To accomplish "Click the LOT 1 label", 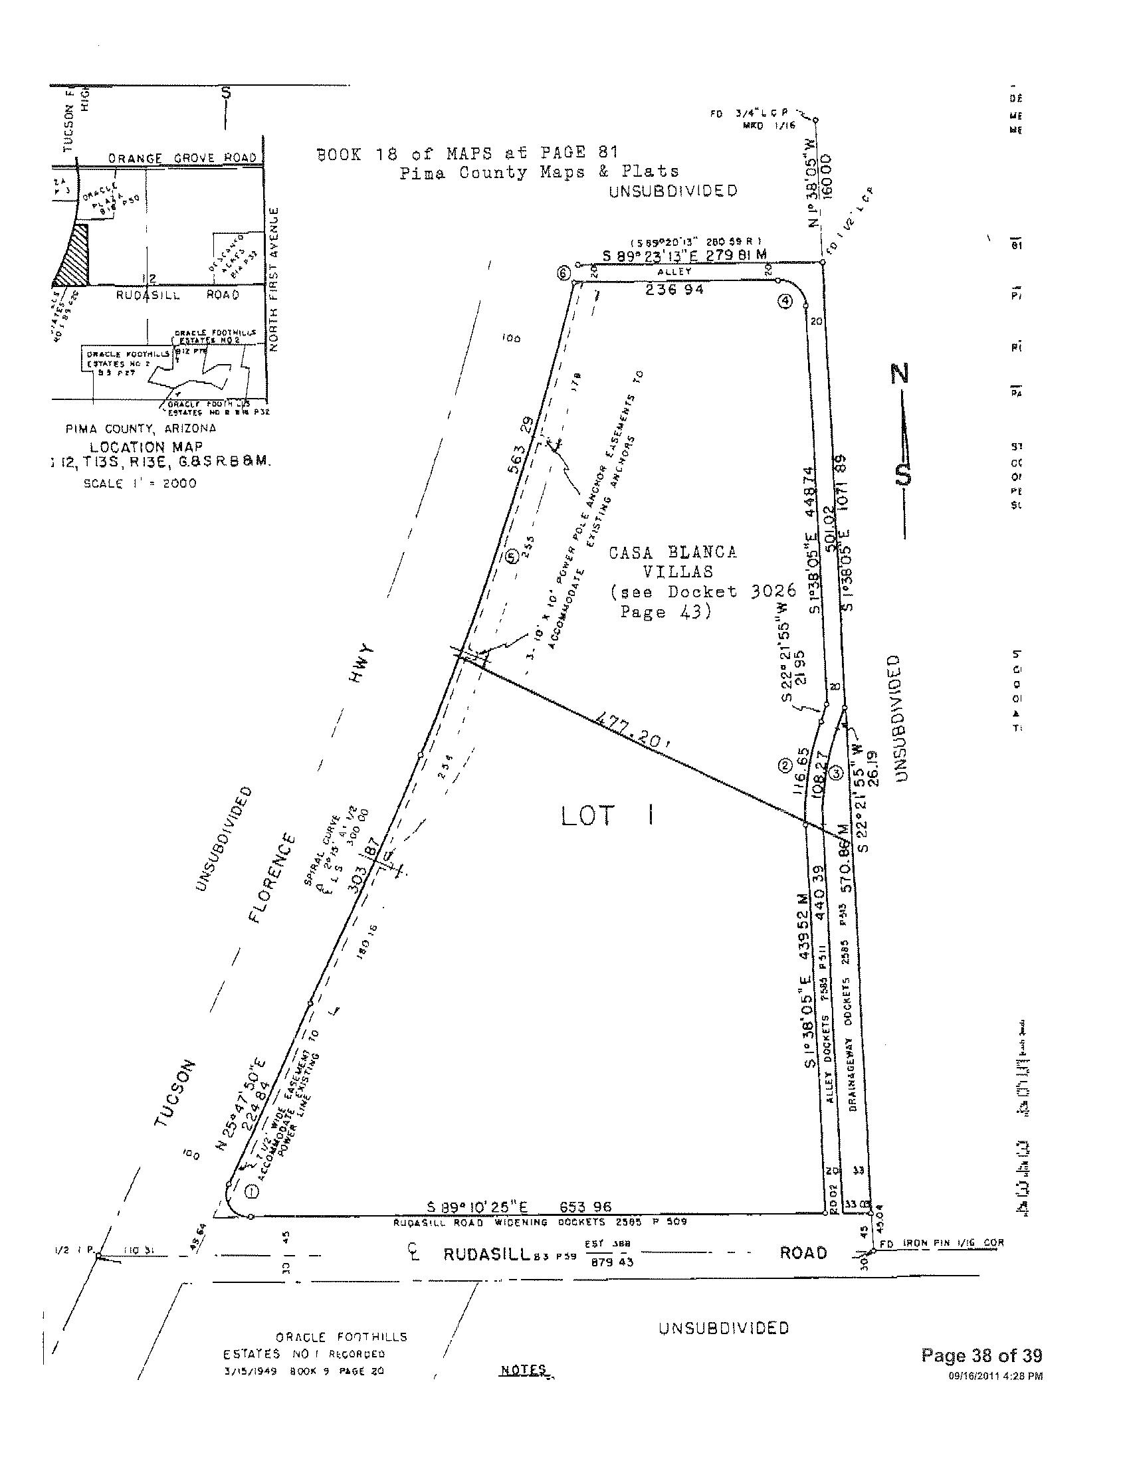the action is point(608,817).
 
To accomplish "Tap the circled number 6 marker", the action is point(563,274).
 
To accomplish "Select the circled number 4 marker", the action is point(785,302).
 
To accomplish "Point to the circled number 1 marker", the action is point(252,1192).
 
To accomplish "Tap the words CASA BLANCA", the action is point(672,552).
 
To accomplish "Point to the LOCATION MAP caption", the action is point(146,446).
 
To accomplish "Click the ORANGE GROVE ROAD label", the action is point(183,157).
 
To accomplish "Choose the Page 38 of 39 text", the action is point(981,1355).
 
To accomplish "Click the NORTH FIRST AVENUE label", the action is point(273,279).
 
